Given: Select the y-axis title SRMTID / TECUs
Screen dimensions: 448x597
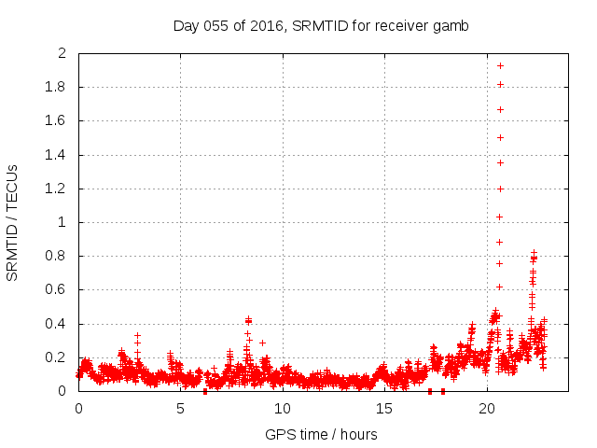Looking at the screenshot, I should click(13, 222).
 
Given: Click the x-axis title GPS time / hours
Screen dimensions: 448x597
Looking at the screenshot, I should click(321, 434).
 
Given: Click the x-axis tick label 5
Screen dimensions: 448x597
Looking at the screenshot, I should click(180, 408).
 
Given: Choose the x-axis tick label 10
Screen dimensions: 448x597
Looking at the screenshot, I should click(283, 408).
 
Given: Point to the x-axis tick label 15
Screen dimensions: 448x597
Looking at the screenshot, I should click(384, 408).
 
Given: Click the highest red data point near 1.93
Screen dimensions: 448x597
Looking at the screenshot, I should click(500, 65).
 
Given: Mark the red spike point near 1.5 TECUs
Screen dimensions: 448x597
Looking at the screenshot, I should click(500, 137).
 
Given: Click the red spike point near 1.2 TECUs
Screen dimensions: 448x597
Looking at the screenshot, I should click(500, 189).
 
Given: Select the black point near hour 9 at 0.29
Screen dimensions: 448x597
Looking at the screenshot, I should click(262, 343).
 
